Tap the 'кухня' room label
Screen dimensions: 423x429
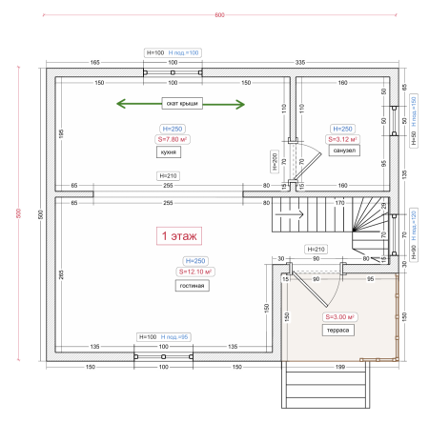pos(173,151)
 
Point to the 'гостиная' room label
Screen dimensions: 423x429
pos(192,285)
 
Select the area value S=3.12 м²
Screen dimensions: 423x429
pos(343,139)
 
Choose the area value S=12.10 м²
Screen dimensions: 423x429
pos(195,272)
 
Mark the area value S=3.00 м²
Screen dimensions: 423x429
pos(339,316)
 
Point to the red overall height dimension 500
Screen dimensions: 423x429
pos(17,212)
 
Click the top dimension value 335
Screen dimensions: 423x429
pos(300,61)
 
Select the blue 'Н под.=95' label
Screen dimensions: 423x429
pos(178,336)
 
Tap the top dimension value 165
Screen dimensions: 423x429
pos(95,61)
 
